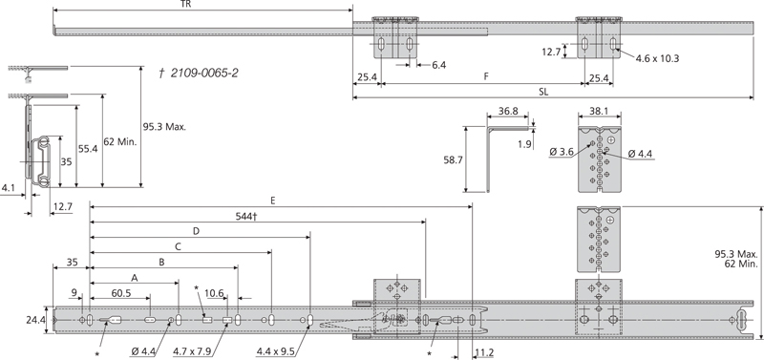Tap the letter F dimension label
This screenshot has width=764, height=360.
pyautogui.click(x=486, y=75)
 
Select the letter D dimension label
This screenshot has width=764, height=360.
pyautogui.click(x=196, y=230)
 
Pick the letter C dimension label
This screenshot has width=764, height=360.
pyautogui.click(x=178, y=245)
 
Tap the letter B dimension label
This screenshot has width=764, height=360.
pyautogui.click(x=161, y=260)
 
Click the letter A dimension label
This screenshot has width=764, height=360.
pyautogui.click(x=134, y=275)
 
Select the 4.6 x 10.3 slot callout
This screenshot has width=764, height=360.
pyautogui.click(x=657, y=58)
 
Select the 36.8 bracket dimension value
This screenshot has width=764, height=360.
pyautogui.click(x=508, y=111)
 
